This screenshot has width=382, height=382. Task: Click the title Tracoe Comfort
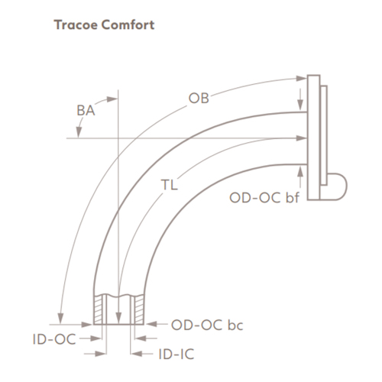[104, 24]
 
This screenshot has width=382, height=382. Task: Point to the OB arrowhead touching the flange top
[301, 76]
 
